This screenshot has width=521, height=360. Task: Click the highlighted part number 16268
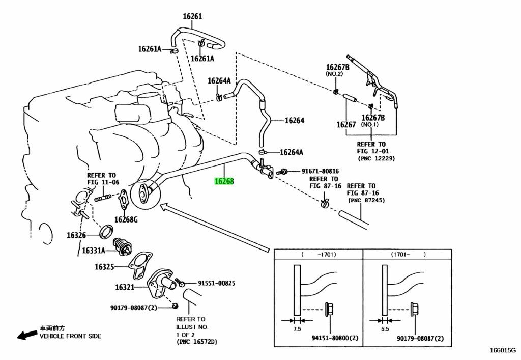coord(224,181)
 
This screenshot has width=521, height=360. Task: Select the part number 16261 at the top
coord(192,16)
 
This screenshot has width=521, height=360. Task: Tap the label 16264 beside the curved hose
coord(294,121)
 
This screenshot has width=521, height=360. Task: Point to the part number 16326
coord(76,235)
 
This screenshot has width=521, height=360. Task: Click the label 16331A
coord(93,251)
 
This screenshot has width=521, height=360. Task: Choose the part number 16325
coord(104,266)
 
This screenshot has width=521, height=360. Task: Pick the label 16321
coord(124,287)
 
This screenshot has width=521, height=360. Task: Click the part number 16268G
coord(126,219)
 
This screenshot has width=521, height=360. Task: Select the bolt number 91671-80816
coord(320,171)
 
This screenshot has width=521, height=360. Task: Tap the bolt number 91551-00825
coord(210,283)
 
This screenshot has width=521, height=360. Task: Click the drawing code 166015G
coord(503,351)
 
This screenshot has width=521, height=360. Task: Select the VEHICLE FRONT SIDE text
coord(70,336)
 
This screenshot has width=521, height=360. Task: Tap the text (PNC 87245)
coord(366,201)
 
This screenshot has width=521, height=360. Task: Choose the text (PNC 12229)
coord(372,158)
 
